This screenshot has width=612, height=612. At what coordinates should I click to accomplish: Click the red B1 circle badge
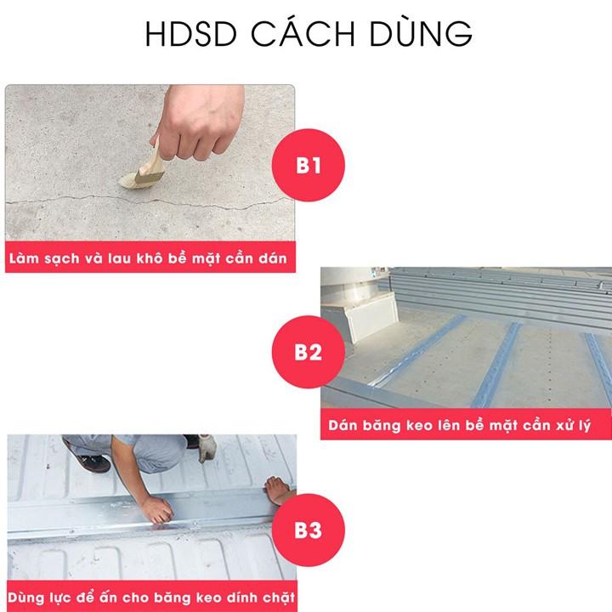(x=309, y=164)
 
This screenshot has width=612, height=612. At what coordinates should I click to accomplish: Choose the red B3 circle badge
(x=309, y=530)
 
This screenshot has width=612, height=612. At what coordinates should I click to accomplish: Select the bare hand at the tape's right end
(x=276, y=488)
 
